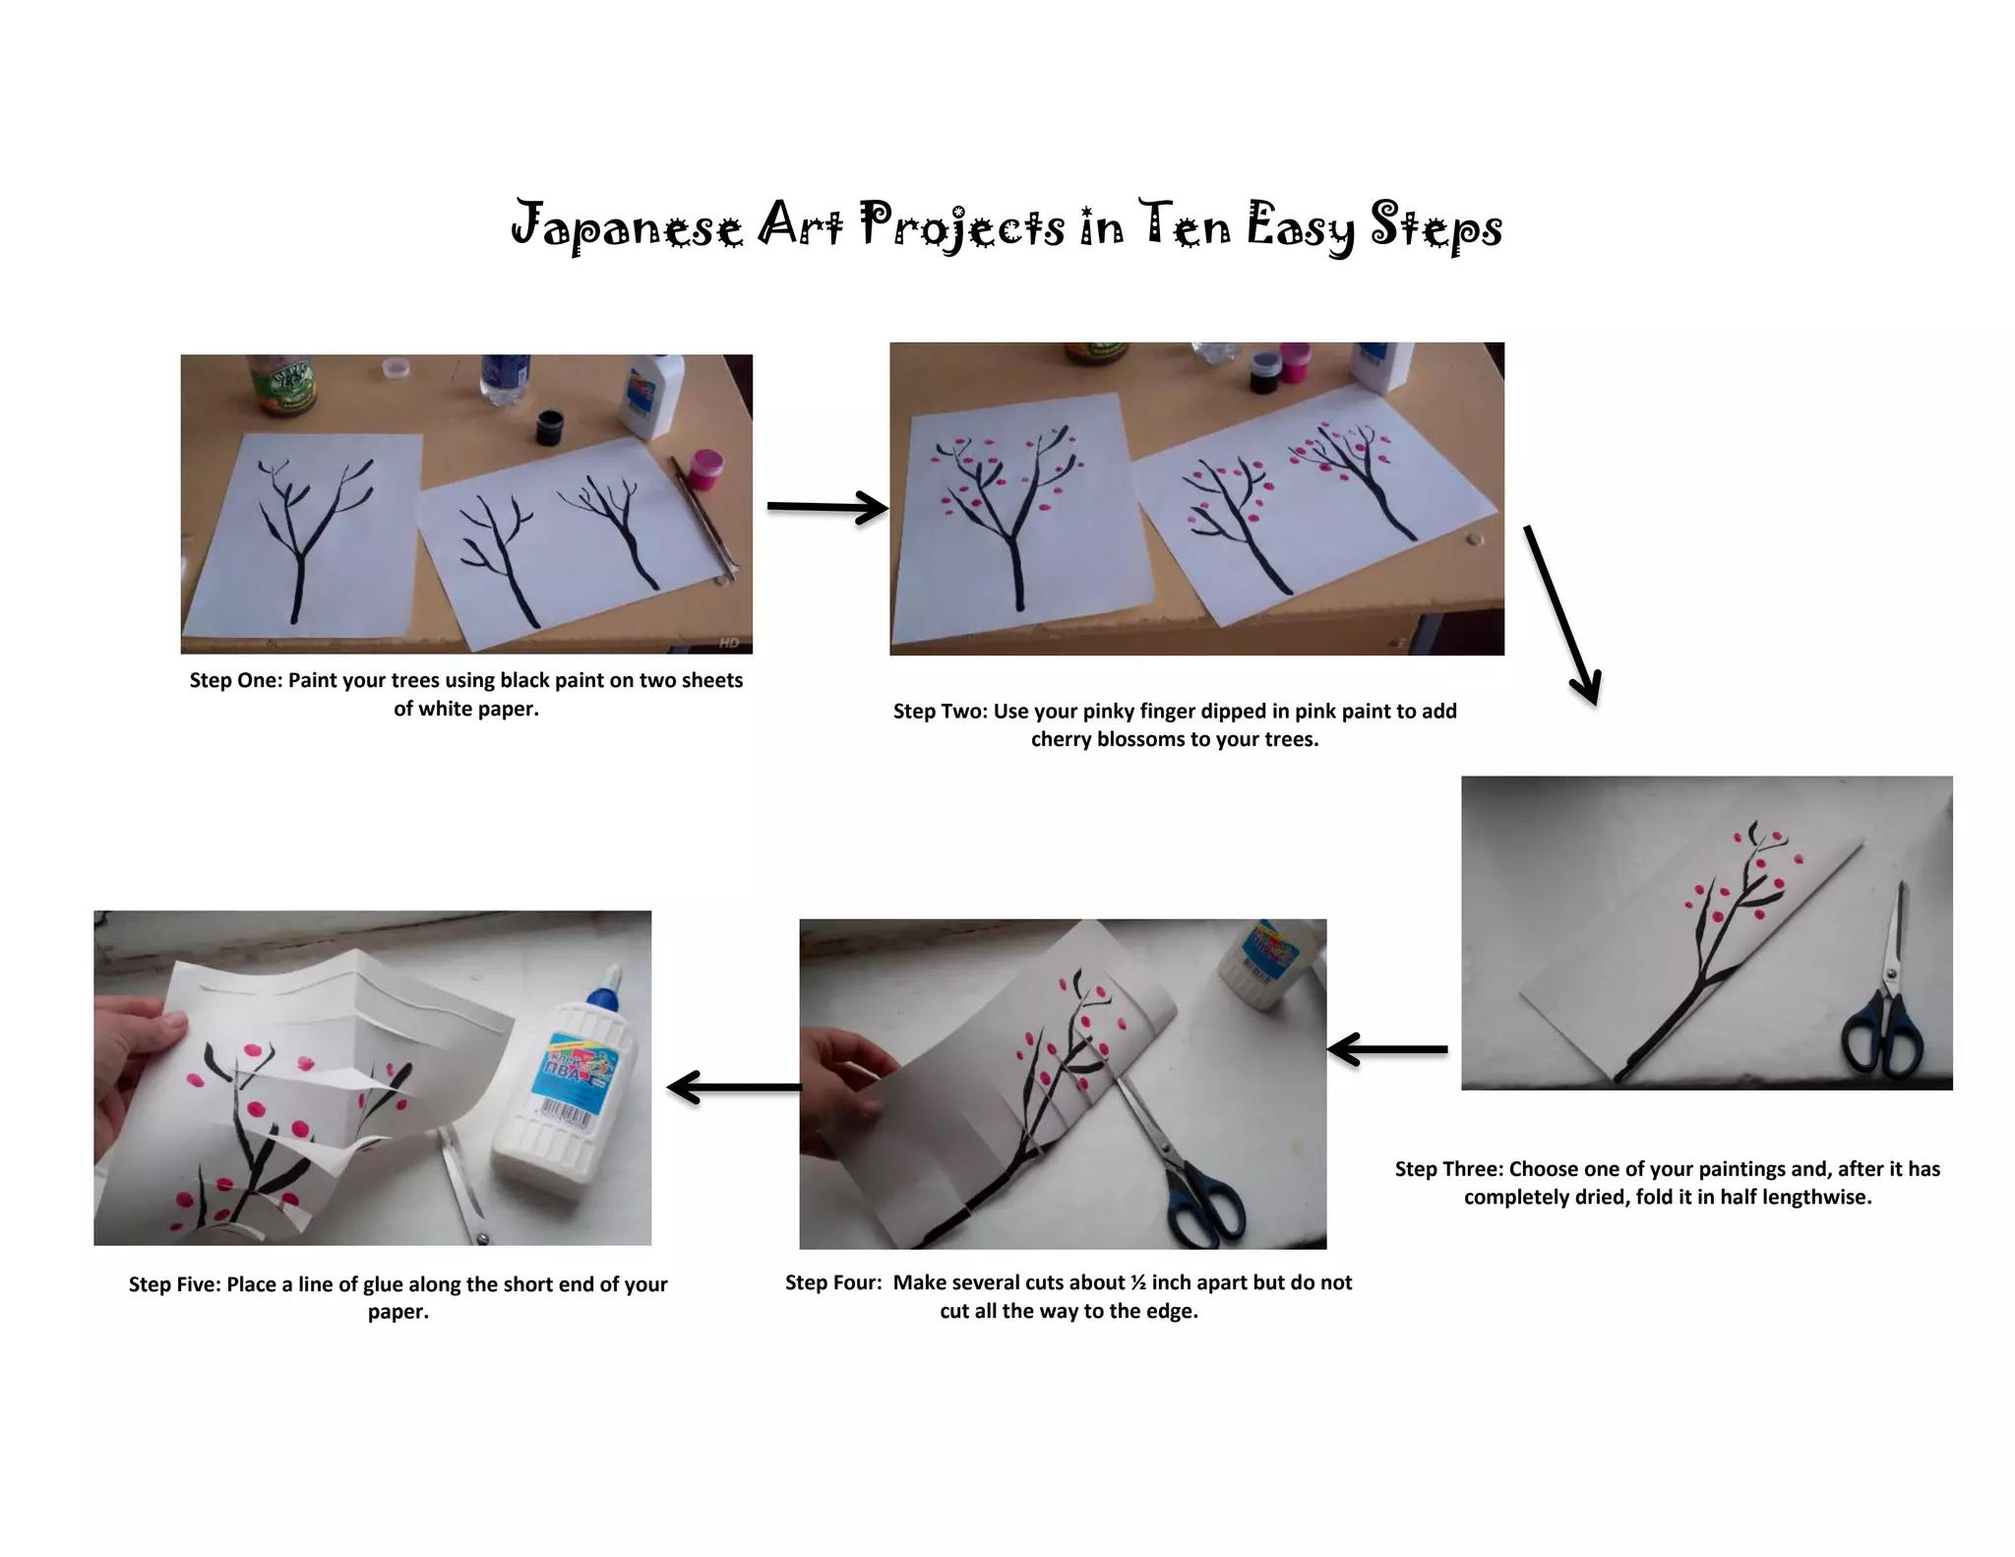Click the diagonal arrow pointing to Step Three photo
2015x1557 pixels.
(1561, 615)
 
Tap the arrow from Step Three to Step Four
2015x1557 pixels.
(1387, 1049)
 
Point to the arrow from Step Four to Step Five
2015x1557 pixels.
(734, 1088)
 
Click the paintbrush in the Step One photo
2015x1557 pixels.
(704, 518)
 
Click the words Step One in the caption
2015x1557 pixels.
(235, 680)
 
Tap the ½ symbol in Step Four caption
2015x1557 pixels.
(1138, 1282)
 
